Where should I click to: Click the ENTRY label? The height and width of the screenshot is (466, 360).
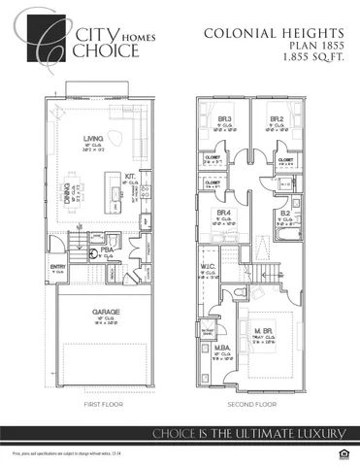(x=57, y=266)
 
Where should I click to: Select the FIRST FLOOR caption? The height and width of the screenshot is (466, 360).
(x=100, y=403)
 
